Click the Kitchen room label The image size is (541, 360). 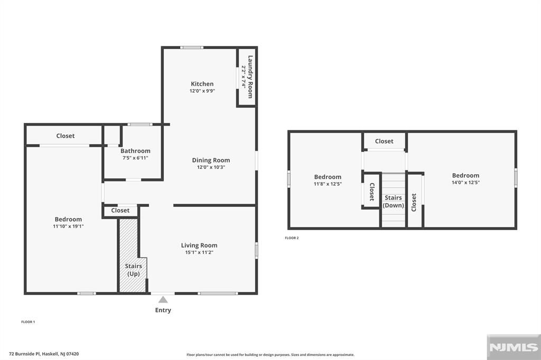202,84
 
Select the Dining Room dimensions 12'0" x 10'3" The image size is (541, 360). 211,167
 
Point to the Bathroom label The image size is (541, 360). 135,151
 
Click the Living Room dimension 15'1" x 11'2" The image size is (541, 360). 199,252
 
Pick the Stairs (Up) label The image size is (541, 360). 133,270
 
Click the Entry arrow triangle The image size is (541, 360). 163,300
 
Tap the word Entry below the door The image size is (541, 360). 163,310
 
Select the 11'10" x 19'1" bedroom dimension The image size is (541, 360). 68,226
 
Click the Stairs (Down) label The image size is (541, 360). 394,202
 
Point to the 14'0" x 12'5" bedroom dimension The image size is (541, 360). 465,183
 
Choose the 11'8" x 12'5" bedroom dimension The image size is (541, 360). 328,184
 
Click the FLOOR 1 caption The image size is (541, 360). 28,322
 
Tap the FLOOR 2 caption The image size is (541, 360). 292,238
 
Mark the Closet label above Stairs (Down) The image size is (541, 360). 384,141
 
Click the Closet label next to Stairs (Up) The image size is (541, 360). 120,211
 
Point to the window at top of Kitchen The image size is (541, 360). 191,48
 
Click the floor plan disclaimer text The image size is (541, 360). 270,355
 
